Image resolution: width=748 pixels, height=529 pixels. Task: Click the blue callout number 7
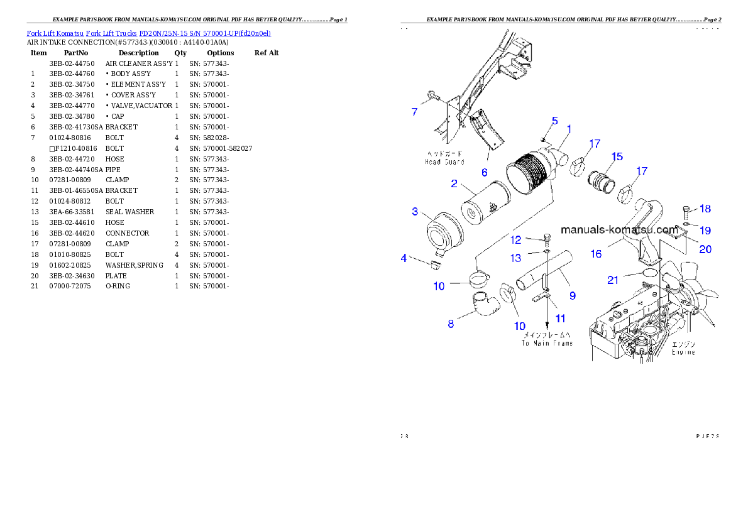pos(414,112)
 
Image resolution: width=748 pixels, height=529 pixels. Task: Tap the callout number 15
pos(617,156)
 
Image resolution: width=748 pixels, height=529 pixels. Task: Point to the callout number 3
pos(415,212)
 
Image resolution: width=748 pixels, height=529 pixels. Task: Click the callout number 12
pos(515,240)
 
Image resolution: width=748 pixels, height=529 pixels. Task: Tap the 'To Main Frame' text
pos(547,343)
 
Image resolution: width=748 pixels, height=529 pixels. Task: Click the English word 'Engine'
pos(683,352)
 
